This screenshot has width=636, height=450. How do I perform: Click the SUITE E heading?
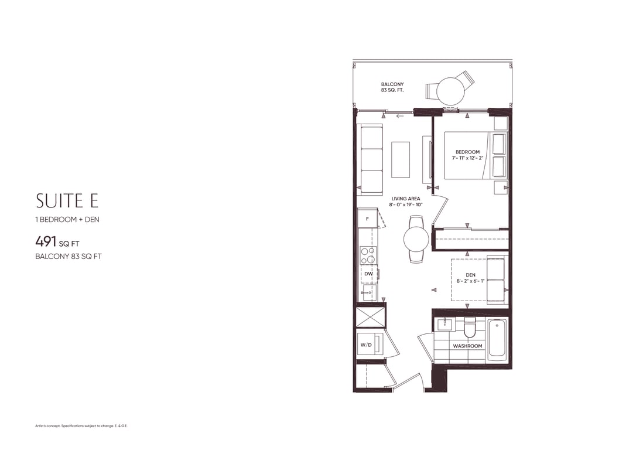67,200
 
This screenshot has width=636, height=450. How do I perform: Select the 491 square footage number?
46,242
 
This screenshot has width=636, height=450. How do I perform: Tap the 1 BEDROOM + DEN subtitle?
67,220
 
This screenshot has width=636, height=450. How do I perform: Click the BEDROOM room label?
468,152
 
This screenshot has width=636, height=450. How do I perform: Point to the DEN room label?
470,275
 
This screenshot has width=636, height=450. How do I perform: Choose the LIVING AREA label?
406,199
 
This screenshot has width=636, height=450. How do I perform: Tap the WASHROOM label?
468,346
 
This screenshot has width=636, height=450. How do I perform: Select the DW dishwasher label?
368,274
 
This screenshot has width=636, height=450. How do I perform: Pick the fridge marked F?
368,219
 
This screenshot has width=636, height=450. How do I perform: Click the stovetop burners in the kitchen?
368,255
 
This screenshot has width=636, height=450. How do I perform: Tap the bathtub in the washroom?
497,340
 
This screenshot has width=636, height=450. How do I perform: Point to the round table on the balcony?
450,91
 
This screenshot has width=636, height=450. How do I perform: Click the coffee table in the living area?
401,159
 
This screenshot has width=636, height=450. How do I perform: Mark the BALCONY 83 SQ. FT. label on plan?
392,87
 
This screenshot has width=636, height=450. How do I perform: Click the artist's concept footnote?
81,426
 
